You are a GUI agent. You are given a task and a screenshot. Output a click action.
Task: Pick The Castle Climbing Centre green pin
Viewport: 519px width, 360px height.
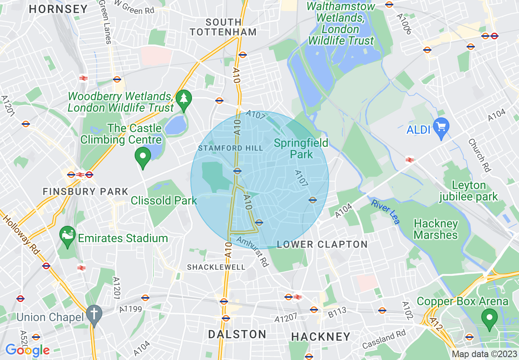tap(143, 157)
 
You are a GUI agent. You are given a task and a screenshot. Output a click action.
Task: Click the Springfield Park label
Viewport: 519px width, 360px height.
tap(301, 148)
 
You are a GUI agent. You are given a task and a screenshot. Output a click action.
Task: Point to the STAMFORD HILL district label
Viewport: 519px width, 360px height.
tap(230, 148)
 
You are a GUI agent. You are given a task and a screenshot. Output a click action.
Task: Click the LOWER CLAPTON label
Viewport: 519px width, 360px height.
tap(322, 245)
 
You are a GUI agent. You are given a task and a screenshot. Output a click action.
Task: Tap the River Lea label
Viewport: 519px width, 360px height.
tap(386, 211)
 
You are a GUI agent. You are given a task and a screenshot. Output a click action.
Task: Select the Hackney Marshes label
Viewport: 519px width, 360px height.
tap(436, 229)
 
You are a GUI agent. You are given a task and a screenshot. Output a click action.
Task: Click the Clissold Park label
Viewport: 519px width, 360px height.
tap(164, 200)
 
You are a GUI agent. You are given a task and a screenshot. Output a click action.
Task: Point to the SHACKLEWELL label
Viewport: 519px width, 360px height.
tap(216, 267)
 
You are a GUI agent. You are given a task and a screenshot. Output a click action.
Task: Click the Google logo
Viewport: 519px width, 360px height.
tap(27, 350)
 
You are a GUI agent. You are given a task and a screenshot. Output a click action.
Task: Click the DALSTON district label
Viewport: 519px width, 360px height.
tap(237, 334)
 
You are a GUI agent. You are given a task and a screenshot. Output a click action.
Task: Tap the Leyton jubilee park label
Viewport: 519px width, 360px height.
tap(469, 191)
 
